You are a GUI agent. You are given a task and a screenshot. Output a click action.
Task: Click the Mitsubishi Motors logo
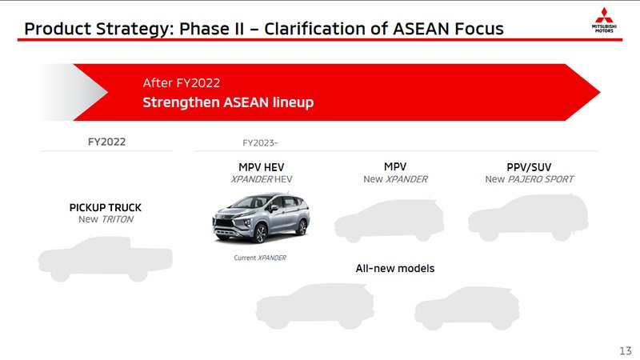(604, 20)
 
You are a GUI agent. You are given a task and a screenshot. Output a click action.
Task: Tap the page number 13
(626, 350)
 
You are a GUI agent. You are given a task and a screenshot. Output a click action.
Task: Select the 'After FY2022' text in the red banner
(182, 83)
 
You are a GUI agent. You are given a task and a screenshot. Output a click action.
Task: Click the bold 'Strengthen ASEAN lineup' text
(228, 102)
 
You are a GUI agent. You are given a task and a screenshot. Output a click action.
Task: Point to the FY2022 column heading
(106, 142)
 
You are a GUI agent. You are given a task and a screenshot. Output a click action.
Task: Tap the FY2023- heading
(260, 143)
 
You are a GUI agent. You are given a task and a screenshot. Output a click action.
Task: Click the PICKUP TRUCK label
(106, 207)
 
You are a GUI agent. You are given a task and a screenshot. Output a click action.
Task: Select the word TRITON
(117, 219)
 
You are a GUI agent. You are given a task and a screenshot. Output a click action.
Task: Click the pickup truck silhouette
(105, 258)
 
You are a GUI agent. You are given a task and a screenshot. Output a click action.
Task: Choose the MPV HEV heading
(262, 167)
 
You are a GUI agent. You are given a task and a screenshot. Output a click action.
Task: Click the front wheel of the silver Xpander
(259, 234)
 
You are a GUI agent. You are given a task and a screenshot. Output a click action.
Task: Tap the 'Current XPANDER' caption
(260, 258)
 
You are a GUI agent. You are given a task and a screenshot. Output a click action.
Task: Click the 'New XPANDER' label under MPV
(395, 178)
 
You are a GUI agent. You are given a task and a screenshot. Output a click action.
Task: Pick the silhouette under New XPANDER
(389, 221)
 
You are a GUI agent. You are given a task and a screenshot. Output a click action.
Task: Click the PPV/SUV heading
(529, 167)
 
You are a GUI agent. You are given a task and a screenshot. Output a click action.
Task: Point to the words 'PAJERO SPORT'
(541, 178)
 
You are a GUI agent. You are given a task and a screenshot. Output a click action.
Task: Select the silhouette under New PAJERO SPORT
(528, 218)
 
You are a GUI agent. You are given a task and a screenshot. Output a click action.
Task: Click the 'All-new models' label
(395, 268)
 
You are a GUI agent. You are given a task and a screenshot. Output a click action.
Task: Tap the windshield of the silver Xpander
(247, 202)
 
